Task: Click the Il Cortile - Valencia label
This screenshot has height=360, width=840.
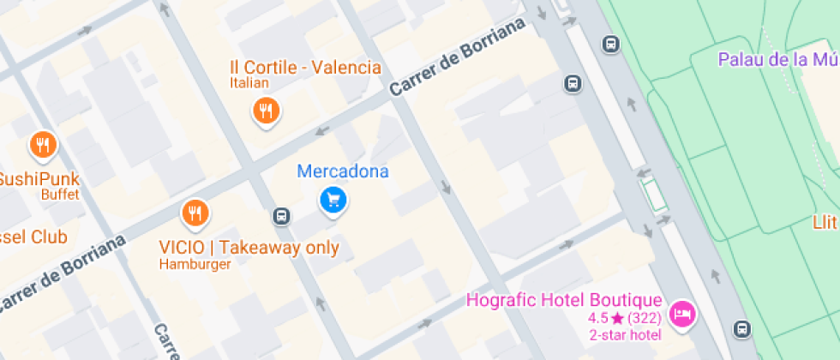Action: point(305,68)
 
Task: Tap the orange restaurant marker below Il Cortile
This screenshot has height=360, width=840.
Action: point(267,111)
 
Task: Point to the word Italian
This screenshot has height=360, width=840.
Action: point(249,83)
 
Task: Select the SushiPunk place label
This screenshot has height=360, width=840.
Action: point(39,179)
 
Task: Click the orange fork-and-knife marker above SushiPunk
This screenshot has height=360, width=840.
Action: point(42,146)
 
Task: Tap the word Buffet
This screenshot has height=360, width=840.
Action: point(60,195)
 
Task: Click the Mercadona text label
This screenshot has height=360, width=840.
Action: point(343,171)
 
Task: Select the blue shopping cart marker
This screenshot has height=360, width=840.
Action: point(333,201)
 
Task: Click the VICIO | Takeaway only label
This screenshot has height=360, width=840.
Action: point(249,248)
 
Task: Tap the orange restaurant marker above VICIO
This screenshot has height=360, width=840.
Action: point(196,213)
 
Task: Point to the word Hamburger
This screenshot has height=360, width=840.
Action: point(195,264)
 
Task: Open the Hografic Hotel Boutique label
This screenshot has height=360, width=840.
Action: point(564,300)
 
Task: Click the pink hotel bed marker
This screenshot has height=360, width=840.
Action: point(682,314)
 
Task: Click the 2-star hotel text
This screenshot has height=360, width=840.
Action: point(625,334)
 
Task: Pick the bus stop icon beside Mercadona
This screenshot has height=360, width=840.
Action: point(281,215)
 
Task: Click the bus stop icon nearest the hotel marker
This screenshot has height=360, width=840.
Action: point(741,328)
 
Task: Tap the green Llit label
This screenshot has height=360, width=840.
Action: point(825,223)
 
